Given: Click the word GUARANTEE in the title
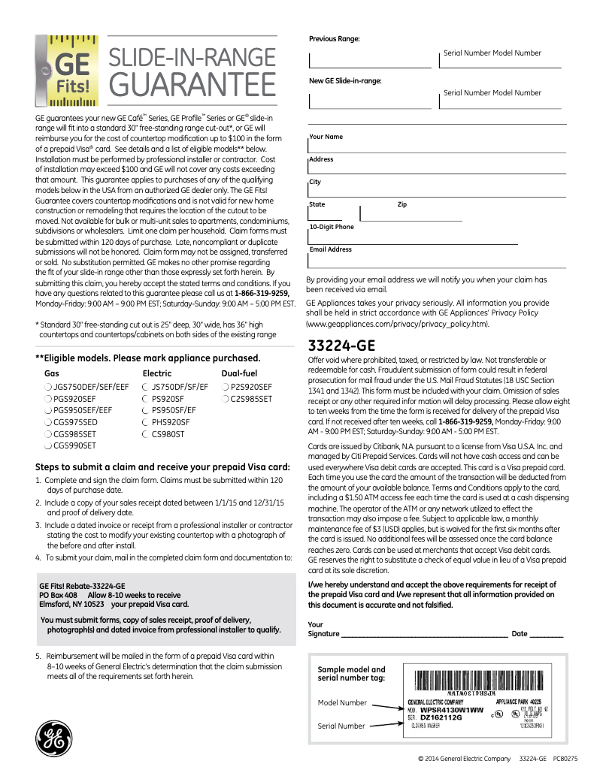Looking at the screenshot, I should pyautogui.click(x=192, y=84).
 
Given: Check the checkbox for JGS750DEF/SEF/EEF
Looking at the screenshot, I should pyautogui.click(x=48, y=388).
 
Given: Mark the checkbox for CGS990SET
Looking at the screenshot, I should pyautogui.click(x=48, y=446).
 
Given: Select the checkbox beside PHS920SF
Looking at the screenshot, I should pyautogui.click(x=146, y=423).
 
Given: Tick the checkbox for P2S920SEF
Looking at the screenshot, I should pyautogui.click(x=225, y=388).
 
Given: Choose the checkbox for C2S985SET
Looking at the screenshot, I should pyautogui.click(x=225, y=400).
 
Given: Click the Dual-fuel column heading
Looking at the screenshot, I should pyautogui.click(x=239, y=373).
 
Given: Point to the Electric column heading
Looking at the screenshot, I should pyautogui.click(x=156, y=373).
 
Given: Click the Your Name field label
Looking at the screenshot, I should pyautogui.click(x=326, y=137).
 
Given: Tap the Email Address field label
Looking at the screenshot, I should pyautogui.click(x=330, y=249).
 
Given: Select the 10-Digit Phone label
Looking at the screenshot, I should pyautogui.click(x=332, y=227).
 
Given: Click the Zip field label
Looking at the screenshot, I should pyautogui.click(x=401, y=204).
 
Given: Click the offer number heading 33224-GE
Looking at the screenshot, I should pyautogui.click(x=341, y=346).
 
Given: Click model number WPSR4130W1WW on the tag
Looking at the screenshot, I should pyautogui.click(x=451, y=710).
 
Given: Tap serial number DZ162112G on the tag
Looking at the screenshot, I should pyautogui.click(x=441, y=717).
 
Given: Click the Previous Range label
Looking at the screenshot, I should pyautogui.click(x=334, y=38).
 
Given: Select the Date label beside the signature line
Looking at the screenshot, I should pyautogui.click(x=520, y=634).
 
